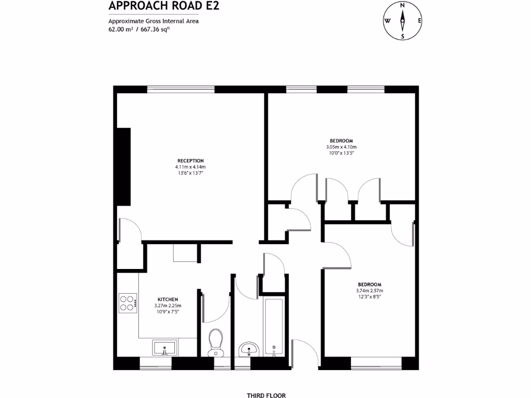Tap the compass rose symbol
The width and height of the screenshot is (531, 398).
(402, 21)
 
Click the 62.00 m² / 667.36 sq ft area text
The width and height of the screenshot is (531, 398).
(139, 30)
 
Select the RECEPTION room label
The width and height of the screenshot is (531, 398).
(190, 161)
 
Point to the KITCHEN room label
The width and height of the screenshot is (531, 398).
(167, 300)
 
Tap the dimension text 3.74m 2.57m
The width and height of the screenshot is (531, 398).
(369, 291)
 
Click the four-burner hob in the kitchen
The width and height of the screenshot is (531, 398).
(128, 302)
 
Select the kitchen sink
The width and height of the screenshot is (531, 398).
(164, 348)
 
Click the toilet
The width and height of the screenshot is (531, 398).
(216, 343)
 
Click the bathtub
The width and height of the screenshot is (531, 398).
(273, 326)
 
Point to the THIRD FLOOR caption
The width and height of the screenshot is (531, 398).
(266, 395)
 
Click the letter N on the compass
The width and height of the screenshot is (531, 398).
(402, 5)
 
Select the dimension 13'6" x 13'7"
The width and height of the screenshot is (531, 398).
(190, 173)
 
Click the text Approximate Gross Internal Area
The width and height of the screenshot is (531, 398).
(153, 21)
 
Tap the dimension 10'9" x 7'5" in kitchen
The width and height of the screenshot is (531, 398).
(167, 312)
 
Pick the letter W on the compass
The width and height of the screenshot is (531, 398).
(387, 21)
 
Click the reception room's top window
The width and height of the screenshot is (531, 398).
(180, 89)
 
